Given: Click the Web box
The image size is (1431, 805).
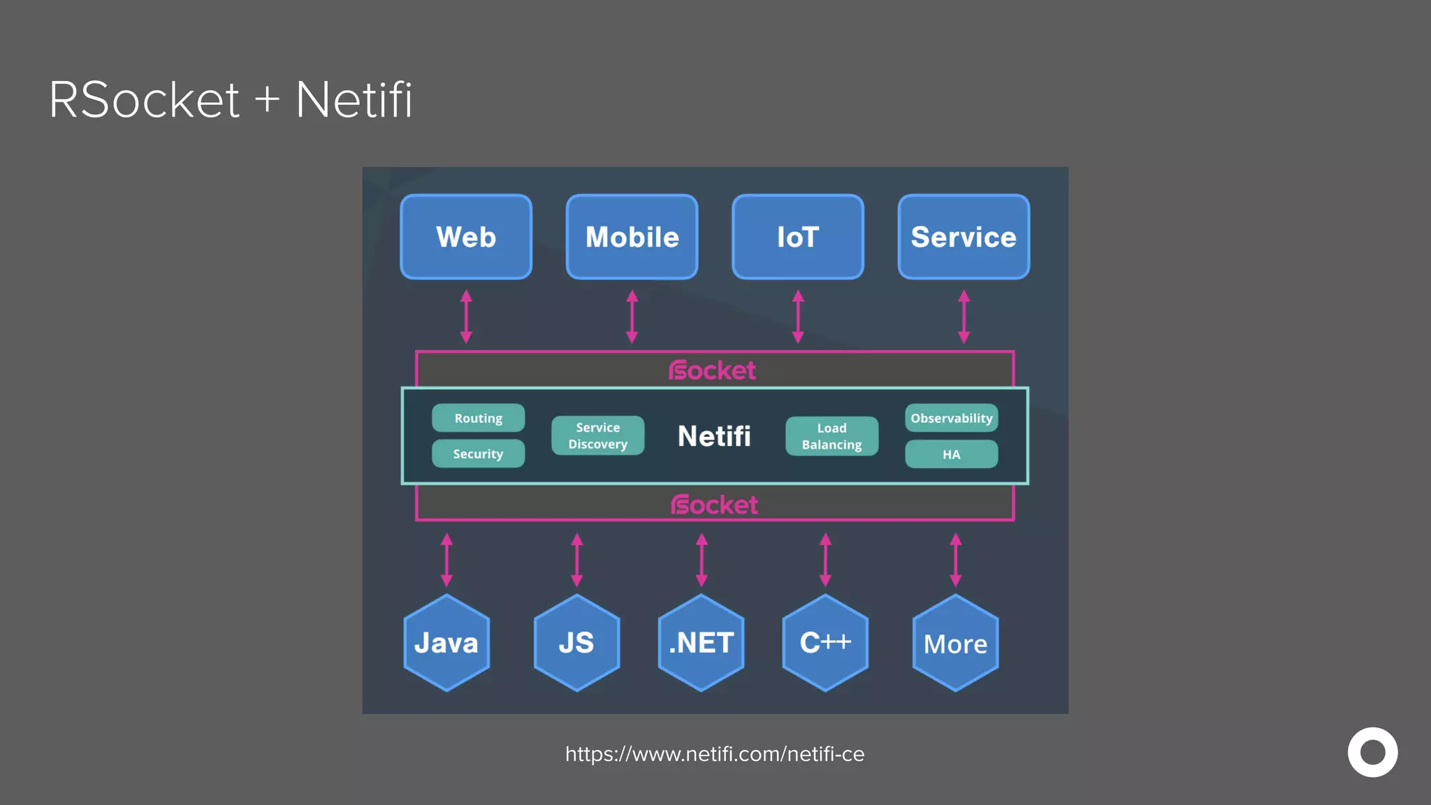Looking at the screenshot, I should (x=466, y=237).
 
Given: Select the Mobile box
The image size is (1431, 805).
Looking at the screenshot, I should (x=632, y=237).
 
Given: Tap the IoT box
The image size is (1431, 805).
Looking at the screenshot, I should (x=798, y=237).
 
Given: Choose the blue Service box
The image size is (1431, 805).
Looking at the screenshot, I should (x=964, y=237).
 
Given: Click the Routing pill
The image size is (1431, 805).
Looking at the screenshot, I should (x=478, y=418).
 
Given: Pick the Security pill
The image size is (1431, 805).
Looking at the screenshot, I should (x=478, y=454).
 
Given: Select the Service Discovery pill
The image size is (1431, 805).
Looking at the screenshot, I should (x=597, y=435).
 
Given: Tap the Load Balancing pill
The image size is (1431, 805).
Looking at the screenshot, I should (x=831, y=436).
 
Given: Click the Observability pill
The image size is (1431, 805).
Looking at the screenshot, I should (x=951, y=418).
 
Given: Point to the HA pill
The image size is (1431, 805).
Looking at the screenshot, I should (x=951, y=454).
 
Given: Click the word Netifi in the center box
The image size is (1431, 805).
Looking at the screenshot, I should (x=714, y=436).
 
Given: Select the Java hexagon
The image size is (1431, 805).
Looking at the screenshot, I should (x=446, y=643).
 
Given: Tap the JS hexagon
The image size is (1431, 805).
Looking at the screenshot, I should (x=576, y=643).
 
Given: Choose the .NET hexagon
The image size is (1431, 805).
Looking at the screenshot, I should (x=701, y=643).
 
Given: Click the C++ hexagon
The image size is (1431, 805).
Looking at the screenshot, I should (x=825, y=643).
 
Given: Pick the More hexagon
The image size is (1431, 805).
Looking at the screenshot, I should (x=955, y=643).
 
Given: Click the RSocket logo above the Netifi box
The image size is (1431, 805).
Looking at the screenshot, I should (x=712, y=370).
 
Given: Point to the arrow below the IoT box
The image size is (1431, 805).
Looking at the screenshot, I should (x=798, y=317).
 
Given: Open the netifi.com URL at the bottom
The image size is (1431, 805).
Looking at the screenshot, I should (x=714, y=754).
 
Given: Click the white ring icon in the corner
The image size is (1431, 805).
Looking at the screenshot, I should (x=1372, y=752).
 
